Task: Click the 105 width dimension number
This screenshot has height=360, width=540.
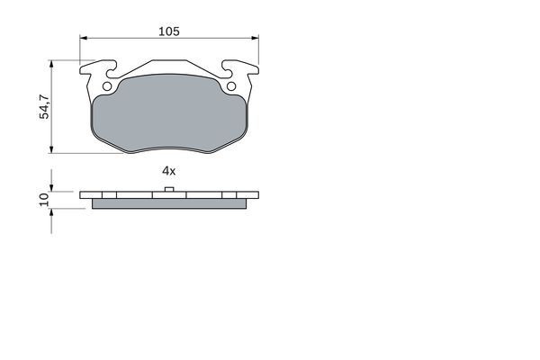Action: click(169, 31)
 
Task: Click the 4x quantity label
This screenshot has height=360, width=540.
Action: click(167, 169)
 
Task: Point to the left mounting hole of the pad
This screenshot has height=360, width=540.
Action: click(107, 87)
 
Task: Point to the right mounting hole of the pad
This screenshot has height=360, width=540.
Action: click(231, 87)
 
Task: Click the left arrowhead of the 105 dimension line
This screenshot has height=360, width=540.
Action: click(84, 39)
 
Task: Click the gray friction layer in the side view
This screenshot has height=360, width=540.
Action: click(169, 202)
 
